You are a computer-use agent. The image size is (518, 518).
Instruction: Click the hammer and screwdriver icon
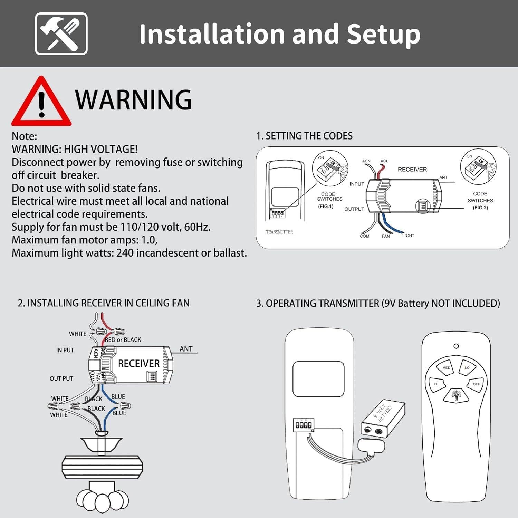pos(61,34)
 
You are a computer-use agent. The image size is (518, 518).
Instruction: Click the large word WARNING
pos(133,100)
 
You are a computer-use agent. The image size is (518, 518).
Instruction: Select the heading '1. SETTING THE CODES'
pos(304,136)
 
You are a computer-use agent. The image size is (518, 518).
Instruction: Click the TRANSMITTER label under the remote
pos(279,232)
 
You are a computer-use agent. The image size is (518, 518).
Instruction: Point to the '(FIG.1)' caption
pos(326,207)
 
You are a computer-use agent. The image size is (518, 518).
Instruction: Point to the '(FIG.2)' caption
pos(480,208)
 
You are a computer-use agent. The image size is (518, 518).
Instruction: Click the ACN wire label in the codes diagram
pos(366,161)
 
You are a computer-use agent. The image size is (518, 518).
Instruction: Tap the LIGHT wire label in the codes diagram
pos(408,236)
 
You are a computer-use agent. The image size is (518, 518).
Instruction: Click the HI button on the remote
pos(436,384)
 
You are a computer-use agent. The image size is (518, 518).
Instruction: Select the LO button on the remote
pos(467,368)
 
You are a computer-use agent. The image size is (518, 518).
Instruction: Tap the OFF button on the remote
pos(476,384)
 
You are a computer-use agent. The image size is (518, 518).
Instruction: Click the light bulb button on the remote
pos(456,395)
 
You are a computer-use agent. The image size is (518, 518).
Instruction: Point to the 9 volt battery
pos(383,419)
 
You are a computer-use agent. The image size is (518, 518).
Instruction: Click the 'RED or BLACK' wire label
pos(123,340)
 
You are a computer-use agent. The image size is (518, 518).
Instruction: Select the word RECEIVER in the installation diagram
pos(139,364)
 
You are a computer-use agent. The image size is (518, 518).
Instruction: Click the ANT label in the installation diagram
pos(186,349)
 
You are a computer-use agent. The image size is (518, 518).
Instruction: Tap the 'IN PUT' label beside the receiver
pos(65,350)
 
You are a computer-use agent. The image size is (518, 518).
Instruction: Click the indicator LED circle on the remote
pos(456,346)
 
